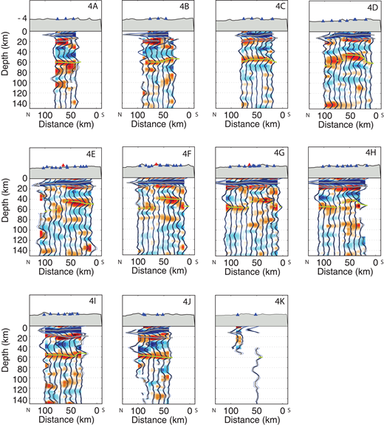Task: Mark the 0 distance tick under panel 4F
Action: pos(189,262)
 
